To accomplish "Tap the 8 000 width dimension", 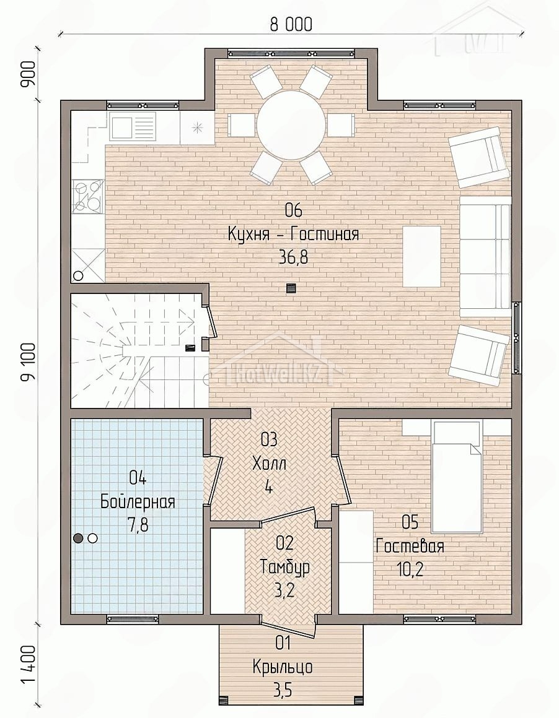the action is (291, 24).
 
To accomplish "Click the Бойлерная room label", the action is (138, 502).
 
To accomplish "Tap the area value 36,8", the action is (293, 258).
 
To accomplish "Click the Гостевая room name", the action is (410, 547).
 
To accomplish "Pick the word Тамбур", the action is (285, 568).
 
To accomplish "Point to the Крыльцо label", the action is (283, 667).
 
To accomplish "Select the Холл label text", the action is (269, 464).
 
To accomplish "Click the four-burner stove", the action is (88, 196).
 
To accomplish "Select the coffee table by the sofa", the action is (422, 256).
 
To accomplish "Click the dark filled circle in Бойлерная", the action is (79, 538).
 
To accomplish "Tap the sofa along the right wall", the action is (486, 256).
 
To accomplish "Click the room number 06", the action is (294, 211).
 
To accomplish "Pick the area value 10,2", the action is (410, 569).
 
